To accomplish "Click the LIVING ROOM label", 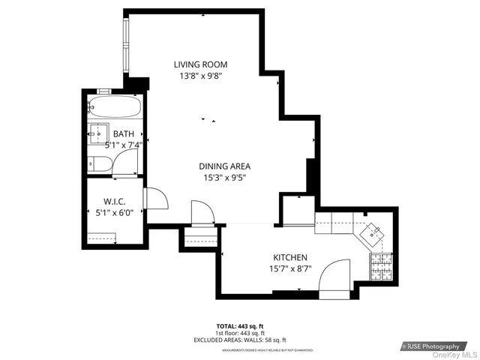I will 200,64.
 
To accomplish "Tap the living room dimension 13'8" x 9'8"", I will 200,76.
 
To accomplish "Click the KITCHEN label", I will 289,256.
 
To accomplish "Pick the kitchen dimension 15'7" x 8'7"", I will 289,268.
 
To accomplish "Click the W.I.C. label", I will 114,202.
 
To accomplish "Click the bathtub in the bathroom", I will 114,107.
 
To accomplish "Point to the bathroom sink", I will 97,134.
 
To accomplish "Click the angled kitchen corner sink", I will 373,234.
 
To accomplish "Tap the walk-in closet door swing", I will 156,199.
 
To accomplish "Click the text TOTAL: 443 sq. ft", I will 240,326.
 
